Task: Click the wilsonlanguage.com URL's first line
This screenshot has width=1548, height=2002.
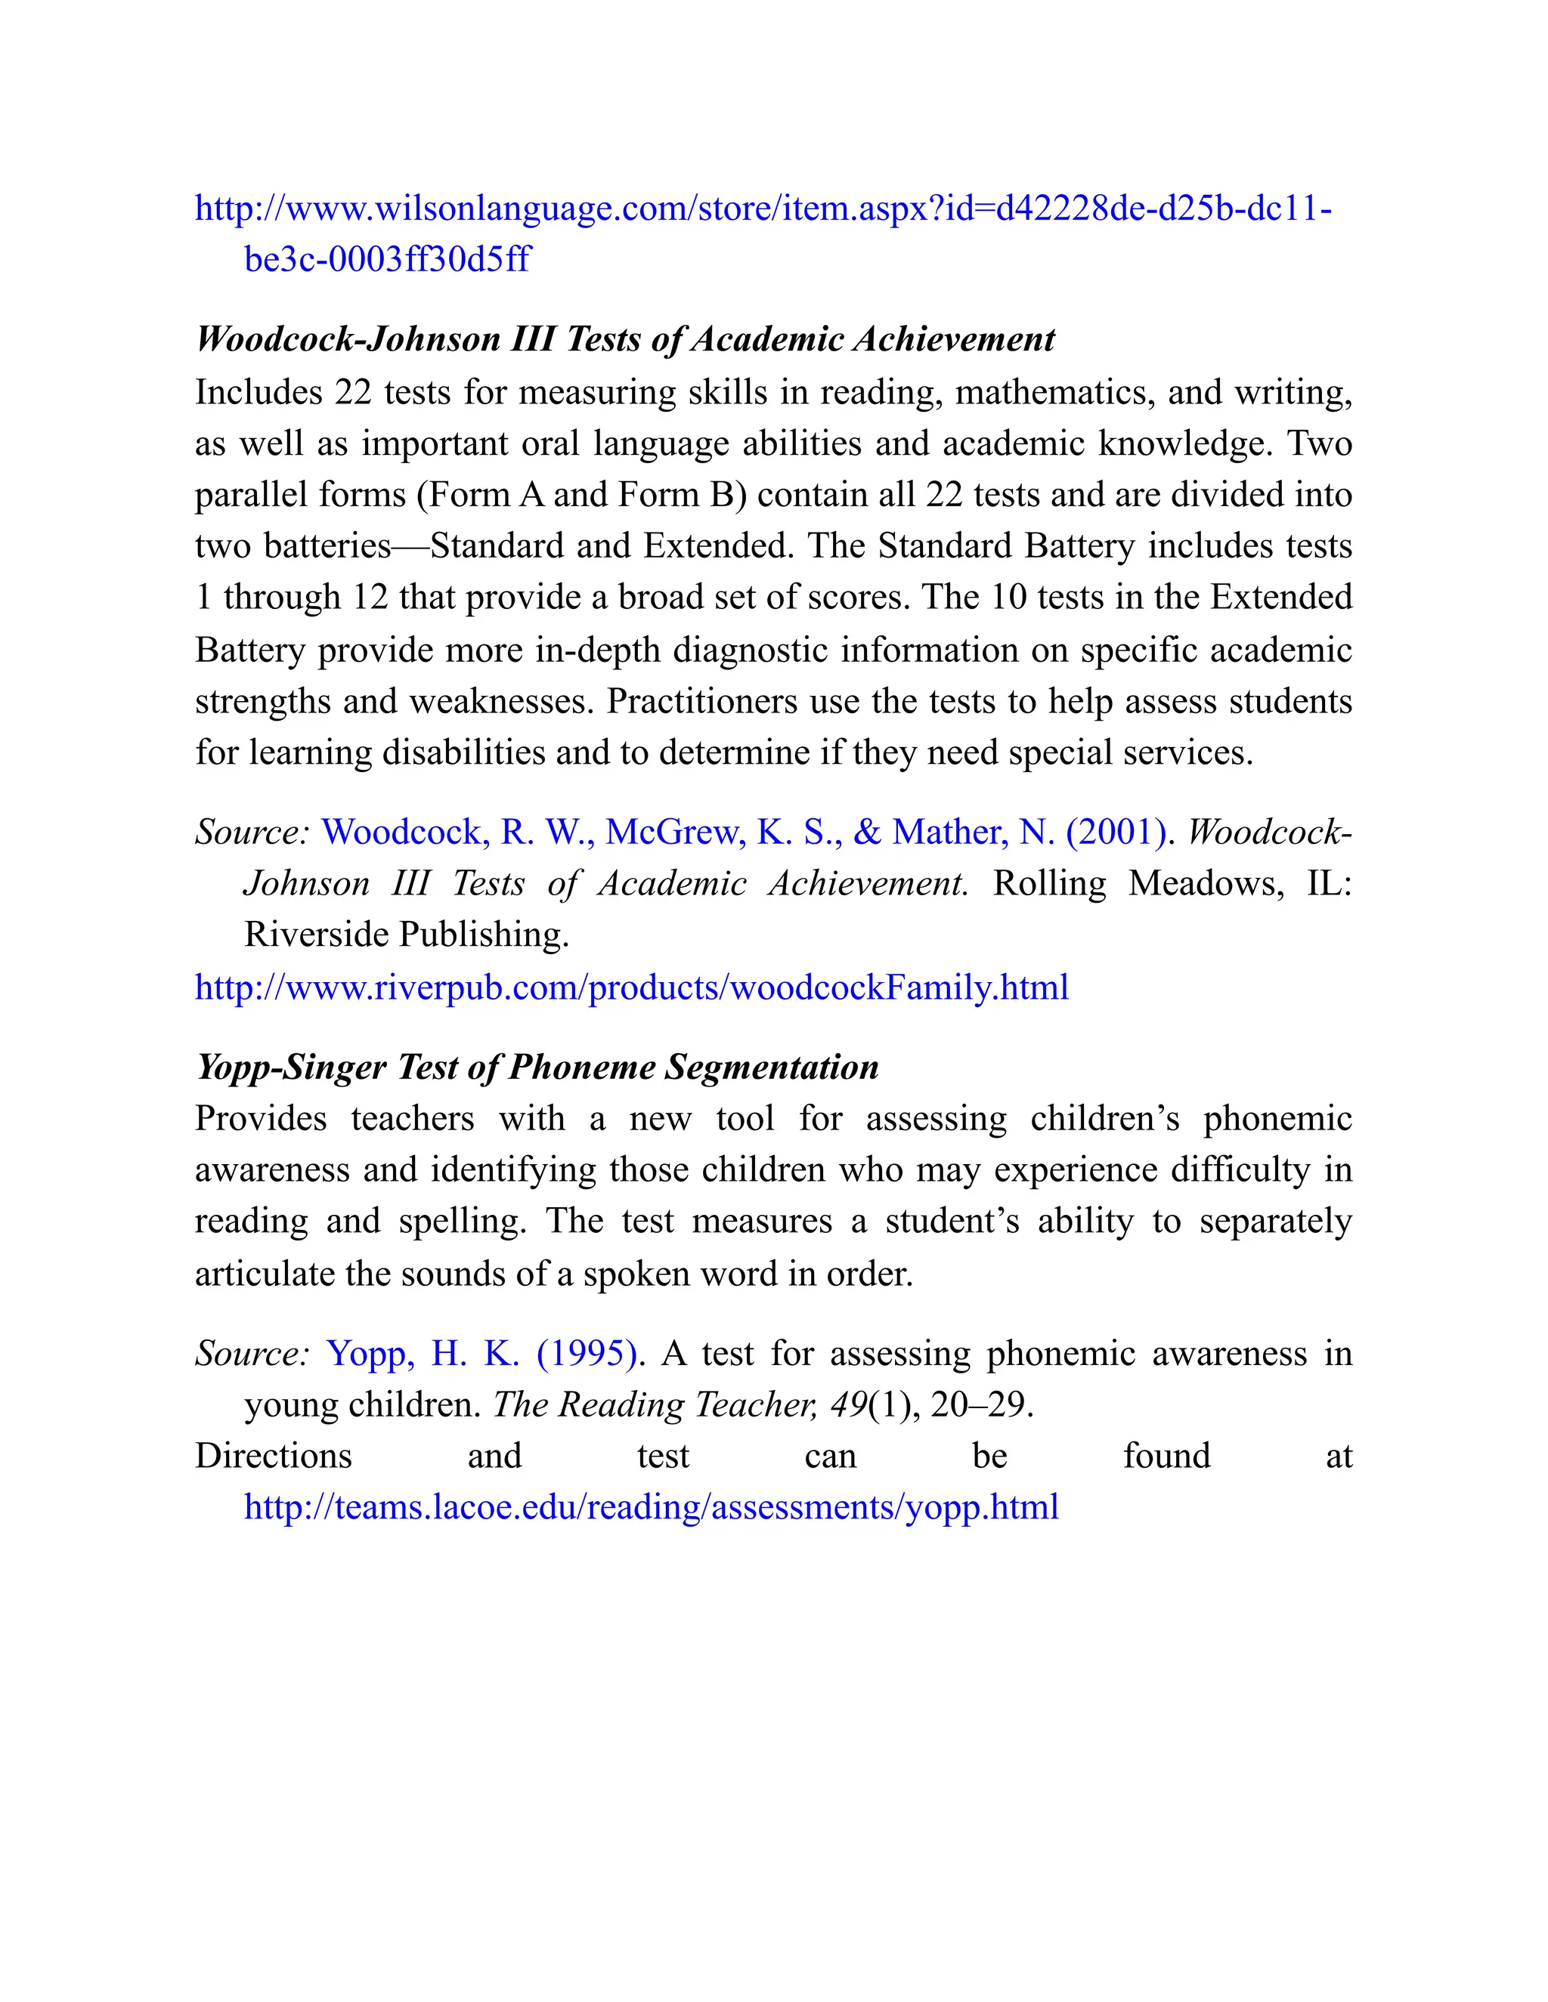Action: [x=762, y=209]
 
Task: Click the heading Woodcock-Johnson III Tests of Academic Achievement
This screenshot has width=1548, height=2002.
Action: [x=624, y=339]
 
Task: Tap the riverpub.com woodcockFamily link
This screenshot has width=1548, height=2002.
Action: [x=631, y=987]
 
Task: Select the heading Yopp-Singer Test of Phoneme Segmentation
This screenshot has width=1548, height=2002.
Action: [x=537, y=1067]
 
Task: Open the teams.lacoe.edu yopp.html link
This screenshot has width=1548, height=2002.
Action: [x=651, y=1507]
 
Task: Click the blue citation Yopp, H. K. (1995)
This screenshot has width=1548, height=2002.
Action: [x=481, y=1354]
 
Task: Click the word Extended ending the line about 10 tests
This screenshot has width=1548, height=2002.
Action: [x=1281, y=598]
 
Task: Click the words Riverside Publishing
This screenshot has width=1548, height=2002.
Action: [x=406, y=935]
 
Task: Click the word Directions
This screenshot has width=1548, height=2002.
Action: [x=274, y=1456]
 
